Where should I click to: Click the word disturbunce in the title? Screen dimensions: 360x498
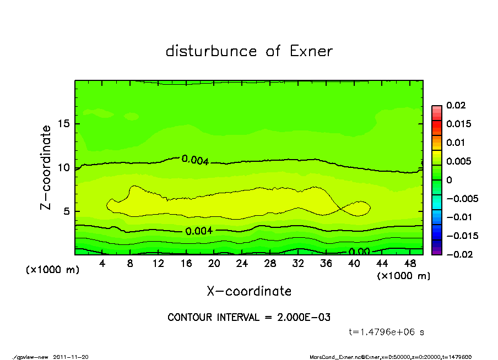pyautogui.click(x=211, y=51)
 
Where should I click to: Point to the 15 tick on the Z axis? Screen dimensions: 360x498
pyautogui.click(x=64, y=123)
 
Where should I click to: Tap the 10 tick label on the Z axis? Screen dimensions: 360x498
pyautogui.click(x=64, y=167)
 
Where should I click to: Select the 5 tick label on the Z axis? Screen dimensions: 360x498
pyautogui.click(x=67, y=211)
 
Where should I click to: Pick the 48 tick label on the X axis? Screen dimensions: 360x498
pyautogui.click(x=410, y=264)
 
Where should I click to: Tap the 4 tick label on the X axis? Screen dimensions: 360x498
pyautogui.click(x=102, y=264)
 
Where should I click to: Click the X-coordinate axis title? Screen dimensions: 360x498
pyautogui.click(x=249, y=291)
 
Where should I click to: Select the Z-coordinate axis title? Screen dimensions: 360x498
pyautogui.click(x=46, y=167)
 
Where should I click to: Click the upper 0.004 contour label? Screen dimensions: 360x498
pyautogui.click(x=195, y=160)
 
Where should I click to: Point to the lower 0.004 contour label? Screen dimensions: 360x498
pyautogui.click(x=199, y=231)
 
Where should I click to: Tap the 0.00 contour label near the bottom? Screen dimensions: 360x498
pyautogui.click(x=360, y=252)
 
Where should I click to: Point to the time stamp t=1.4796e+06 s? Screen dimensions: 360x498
pyautogui.click(x=386, y=332)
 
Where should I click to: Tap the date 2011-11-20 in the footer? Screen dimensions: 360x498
pyautogui.click(x=71, y=357)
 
